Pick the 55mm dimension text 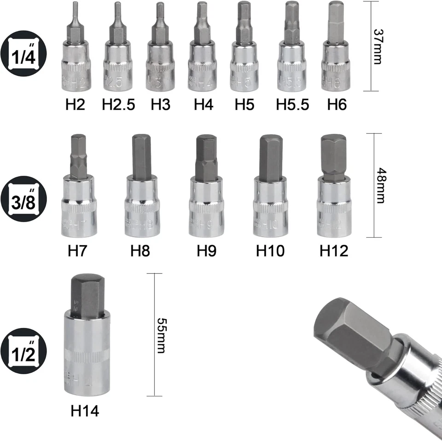161,335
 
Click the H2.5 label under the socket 118,105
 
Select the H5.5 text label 292,105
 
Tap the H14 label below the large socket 85,410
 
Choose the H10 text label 270,251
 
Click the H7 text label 78,251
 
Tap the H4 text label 204,105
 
